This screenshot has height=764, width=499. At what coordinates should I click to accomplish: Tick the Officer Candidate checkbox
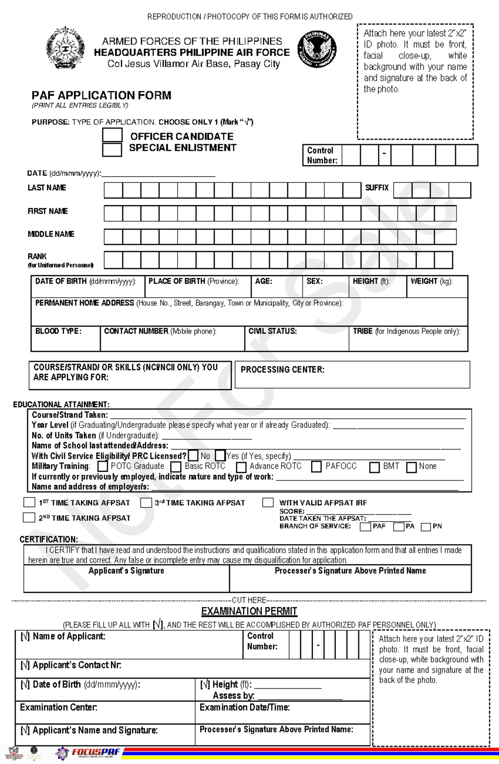coord(112,135)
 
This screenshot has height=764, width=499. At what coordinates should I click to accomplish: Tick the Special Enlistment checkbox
coord(112,149)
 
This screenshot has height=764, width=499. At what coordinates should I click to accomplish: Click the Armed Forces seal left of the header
coord(65,48)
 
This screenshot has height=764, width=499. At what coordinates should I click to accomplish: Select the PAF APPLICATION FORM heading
coord(101,95)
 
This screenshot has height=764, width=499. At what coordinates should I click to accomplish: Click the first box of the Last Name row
coord(113,190)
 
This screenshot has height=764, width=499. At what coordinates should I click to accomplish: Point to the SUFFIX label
coord(377,188)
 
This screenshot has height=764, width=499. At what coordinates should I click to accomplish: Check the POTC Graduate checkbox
coord(103,467)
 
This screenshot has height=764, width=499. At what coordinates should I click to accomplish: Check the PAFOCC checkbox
coord(316,467)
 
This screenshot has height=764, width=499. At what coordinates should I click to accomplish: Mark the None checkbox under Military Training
coord(411,467)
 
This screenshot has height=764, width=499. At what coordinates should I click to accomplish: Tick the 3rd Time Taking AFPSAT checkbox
coord(146,503)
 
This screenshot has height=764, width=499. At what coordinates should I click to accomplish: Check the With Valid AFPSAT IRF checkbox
coord(268,503)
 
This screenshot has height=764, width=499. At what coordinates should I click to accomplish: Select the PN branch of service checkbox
coord(426,527)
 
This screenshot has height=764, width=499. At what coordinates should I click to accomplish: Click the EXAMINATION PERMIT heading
coord(249,611)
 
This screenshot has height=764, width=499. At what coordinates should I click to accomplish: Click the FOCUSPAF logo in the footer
coord(96,752)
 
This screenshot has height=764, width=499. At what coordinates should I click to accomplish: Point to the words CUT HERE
coord(249,600)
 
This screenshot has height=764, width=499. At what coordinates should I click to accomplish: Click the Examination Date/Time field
coord(282,713)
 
